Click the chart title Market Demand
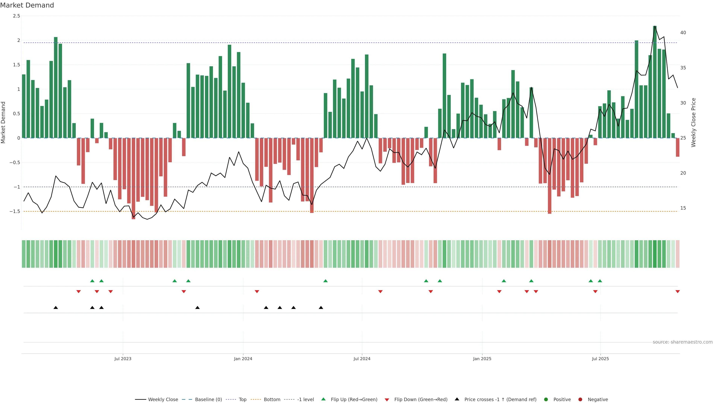point(27,5)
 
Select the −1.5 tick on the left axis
point(15,211)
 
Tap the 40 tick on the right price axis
point(683,33)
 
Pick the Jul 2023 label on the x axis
point(123,359)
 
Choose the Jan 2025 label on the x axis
point(482,359)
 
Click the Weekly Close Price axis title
point(693,122)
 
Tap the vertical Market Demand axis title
point(3,122)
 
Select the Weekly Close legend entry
point(163,400)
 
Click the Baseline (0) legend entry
point(208,400)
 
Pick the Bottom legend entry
point(272,400)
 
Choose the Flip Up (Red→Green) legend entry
point(354,400)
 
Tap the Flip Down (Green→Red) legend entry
point(420,400)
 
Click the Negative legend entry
point(598,400)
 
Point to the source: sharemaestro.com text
point(683,342)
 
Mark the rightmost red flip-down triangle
point(678,292)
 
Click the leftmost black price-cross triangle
point(56,308)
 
